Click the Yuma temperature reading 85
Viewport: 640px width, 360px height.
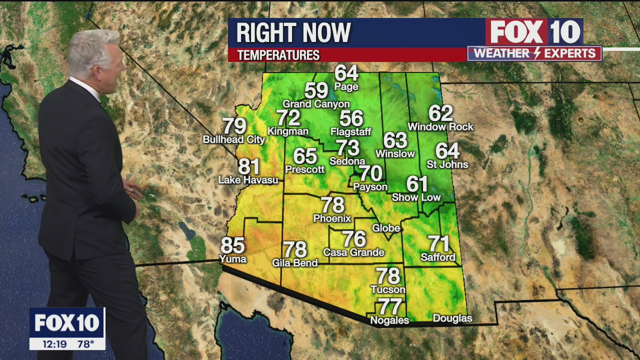tap(232, 245)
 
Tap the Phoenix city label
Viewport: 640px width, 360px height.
tap(332, 218)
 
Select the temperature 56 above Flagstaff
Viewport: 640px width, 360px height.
tap(351, 118)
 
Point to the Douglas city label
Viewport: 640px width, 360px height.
tap(452, 318)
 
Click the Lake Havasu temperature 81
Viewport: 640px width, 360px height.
tap(248, 166)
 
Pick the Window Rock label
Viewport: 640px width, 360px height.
tap(440, 127)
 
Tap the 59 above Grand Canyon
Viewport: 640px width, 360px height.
tap(316, 90)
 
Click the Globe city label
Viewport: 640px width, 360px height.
tap(386, 228)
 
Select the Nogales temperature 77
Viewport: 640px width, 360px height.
tap(390, 306)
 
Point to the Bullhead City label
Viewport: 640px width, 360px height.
tap(233, 140)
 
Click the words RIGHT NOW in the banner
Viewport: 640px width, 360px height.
tap(293, 33)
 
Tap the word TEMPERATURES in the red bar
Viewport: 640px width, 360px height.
tap(278, 55)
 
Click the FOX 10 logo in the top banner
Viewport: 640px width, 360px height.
tap(534, 32)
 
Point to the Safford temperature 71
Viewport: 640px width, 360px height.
tap(439, 244)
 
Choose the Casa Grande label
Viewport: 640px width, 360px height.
tap(353, 252)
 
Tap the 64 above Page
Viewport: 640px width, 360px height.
tap(346, 73)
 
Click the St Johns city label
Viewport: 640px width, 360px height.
tap(447, 164)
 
